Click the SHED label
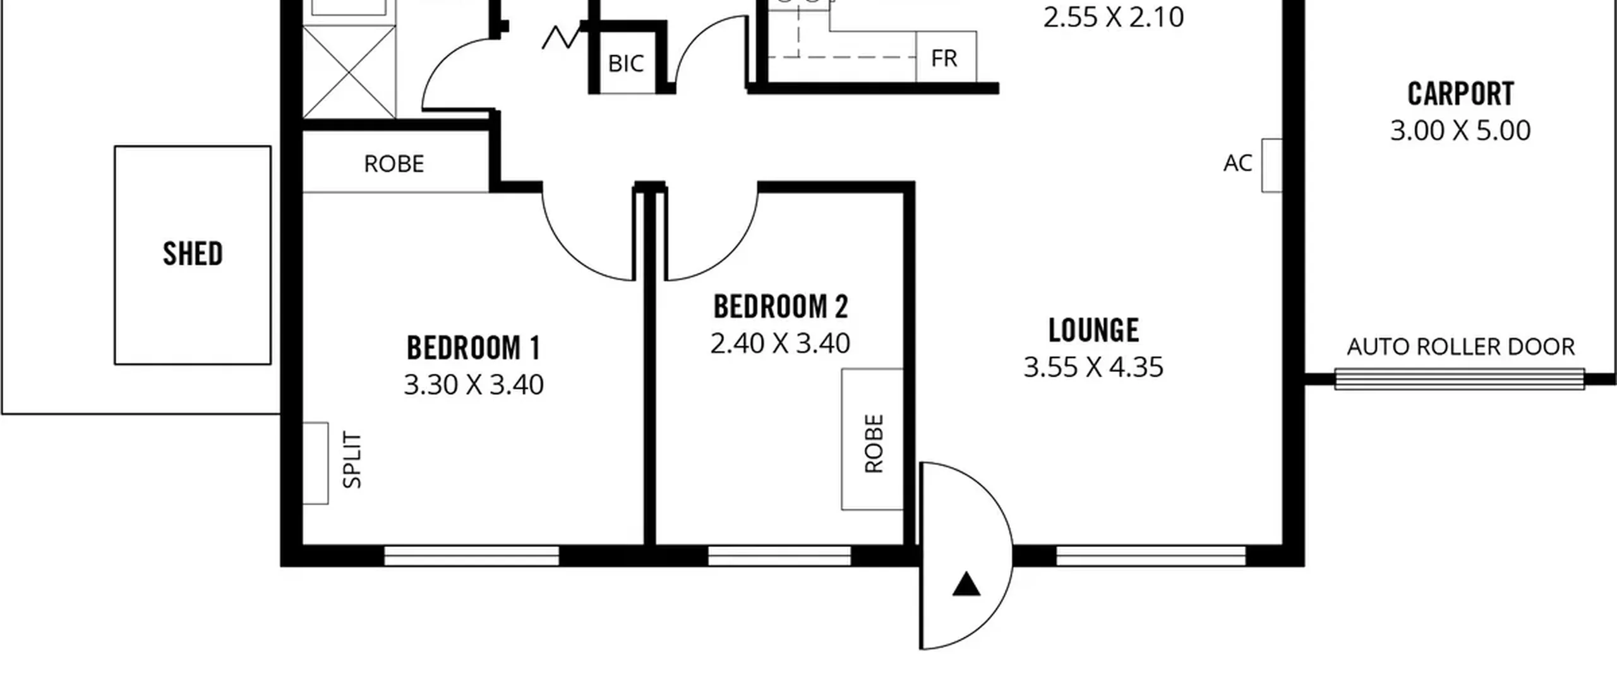pyautogui.click(x=193, y=254)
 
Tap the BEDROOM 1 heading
pyautogui.click(x=474, y=348)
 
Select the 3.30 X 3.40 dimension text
pyautogui.click(x=474, y=385)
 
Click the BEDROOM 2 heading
pyautogui.click(x=781, y=307)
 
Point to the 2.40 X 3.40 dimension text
pyautogui.click(x=780, y=344)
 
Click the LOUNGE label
pyautogui.click(x=1094, y=330)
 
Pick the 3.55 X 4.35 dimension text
pyautogui.click(x=1093, y=367)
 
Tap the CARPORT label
pyautogui.click(x=1461, y=94)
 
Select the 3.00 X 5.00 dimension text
pyautogui.click(x=1460, y=131)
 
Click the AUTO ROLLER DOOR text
pyautogui.click(x=1461, y=347)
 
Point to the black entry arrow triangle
pyautogui.click(x=966, y=584)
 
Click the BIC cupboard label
pyautogui.click(x=626, y=63)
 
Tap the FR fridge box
pyautogui.click(x=946, y=57)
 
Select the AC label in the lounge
pyautogui.click(x=1237, y=163)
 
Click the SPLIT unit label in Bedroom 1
pyautogui.click(x=352, y=460)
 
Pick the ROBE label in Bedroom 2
pyautogui.click(x=874, y=443)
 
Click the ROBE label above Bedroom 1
pyautogui.click(x=394, y=164)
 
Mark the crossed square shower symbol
pyautogui.click(x=349, y=72)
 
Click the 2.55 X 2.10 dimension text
pyautogui.click(x=1114, y=17)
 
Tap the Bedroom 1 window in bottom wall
pyautogui.click(x=471, y=556)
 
